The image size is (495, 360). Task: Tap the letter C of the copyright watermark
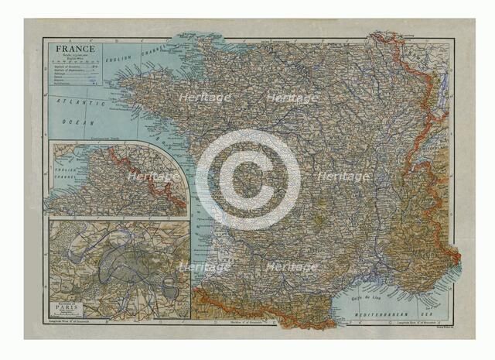tap(247, 180)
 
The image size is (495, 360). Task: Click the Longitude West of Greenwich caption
tap(70, 321)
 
